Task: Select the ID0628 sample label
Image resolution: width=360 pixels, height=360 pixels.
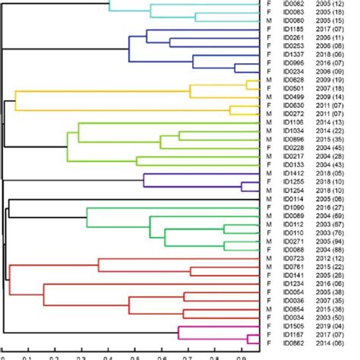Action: (294, 78)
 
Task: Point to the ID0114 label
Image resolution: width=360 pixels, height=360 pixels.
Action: (294, 199)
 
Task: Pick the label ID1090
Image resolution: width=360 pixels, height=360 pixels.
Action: (294, 207)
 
